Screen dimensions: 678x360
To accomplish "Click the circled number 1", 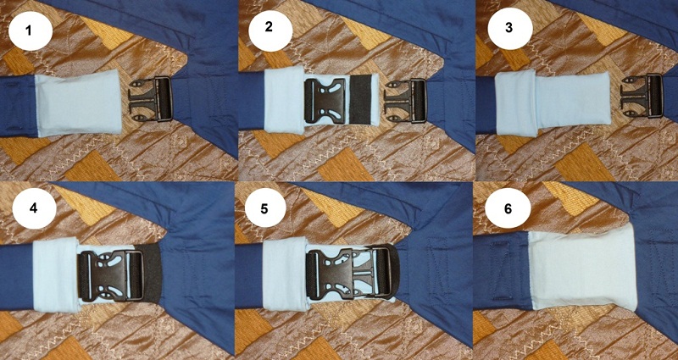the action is (30, 31).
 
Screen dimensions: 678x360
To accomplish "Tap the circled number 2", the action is (270, 28).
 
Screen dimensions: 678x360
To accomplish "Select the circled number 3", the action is (509, 28).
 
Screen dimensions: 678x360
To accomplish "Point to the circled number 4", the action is (34, 208).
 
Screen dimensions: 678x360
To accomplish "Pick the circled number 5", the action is (265, 208).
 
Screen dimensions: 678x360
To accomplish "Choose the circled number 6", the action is (507, 208).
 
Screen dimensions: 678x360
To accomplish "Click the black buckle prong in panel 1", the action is (151, 99).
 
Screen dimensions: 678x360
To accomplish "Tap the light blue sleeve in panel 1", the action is (78, 102).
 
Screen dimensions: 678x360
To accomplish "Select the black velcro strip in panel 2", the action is (360, 100).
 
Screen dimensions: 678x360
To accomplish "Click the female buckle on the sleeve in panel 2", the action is (325, 101).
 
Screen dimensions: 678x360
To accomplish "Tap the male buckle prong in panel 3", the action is (642, 96).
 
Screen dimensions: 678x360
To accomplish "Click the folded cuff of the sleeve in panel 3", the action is (516, 103).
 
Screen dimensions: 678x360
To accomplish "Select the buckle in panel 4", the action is (111, 276).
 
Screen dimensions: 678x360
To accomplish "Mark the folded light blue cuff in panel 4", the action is (55, 274).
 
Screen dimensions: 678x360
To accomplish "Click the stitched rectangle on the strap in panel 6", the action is (502, 270).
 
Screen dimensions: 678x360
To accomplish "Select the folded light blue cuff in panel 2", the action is (284, 99).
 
